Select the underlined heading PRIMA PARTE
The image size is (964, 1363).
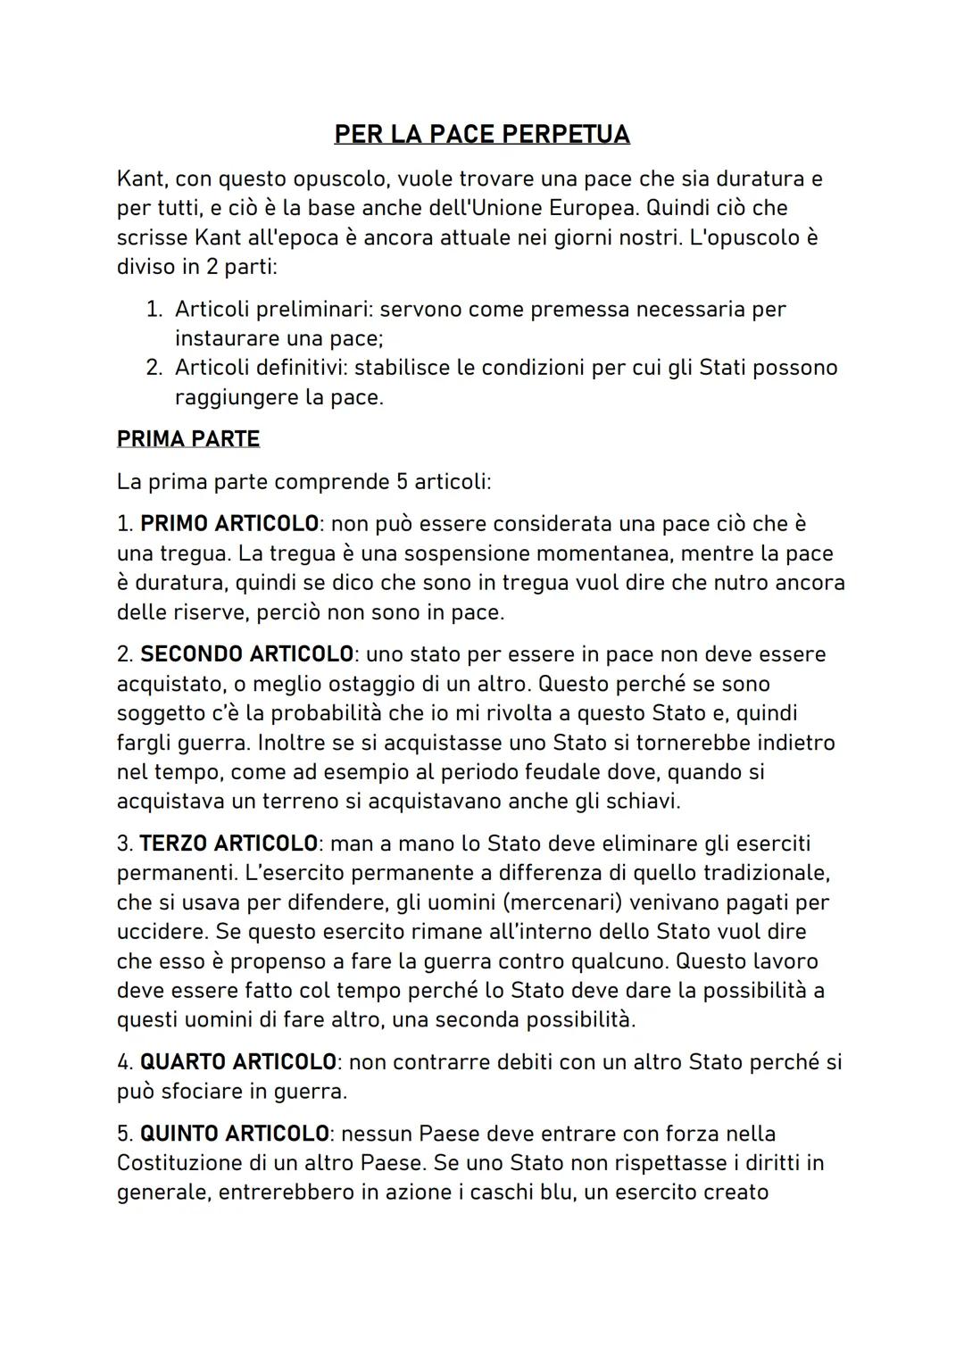tap(187, 439)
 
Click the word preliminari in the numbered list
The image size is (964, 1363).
tap(312, 310)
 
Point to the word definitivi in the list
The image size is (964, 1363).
tap(299, 368)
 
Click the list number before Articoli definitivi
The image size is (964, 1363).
tap(154, 368)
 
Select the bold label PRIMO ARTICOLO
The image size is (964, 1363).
tap(229, 524)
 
